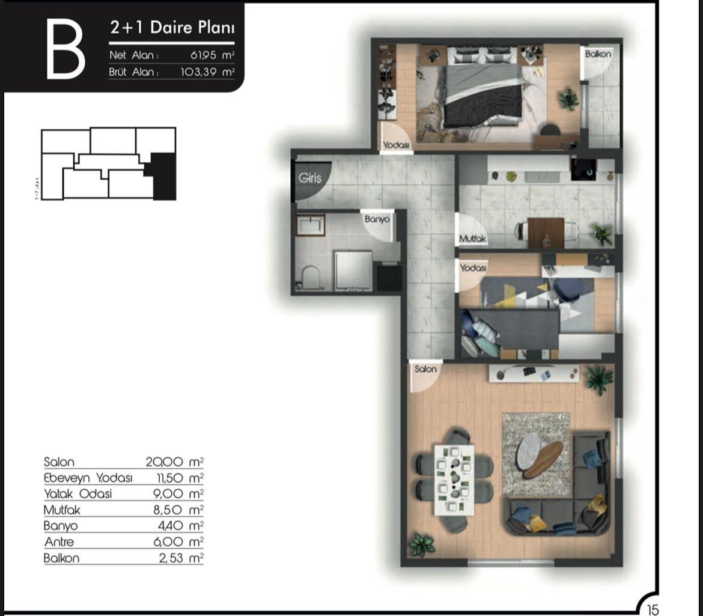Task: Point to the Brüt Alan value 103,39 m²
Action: [207, 72]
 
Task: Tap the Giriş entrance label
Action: [310, 178]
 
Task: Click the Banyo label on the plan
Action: [377, 219]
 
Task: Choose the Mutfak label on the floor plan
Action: [472, 239]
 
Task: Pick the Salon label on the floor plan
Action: [425, 369]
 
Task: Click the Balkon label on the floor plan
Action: [598, 54]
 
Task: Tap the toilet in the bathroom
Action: [311, 277]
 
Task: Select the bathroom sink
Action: [310, 226]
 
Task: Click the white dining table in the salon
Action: [454, 480]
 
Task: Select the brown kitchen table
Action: [546, 232]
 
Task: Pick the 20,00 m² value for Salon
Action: [174, 462]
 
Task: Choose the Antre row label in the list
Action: [59, 542]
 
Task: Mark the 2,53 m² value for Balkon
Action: [178, 558]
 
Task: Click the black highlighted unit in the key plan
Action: [162, 176]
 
